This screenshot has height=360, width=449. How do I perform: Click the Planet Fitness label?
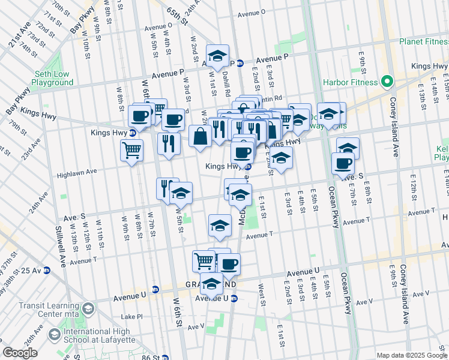pos(424,41)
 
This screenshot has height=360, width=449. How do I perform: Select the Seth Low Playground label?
pos(53,78)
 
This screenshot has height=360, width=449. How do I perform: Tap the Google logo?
pos(20,352)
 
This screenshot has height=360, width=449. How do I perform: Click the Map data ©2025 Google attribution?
pos(411,355)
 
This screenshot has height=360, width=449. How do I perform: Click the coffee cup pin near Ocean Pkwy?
pos(343,163)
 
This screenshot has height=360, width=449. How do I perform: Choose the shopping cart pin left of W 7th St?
pos(131,150)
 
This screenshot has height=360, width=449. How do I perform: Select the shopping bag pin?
pos(200,136)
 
